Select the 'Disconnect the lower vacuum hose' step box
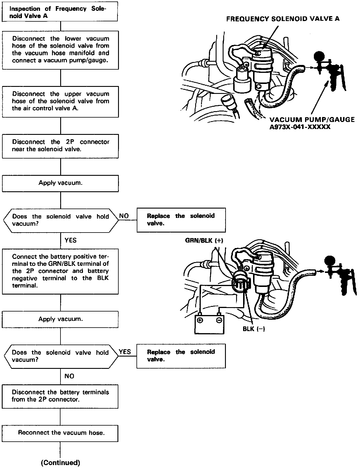point(60,50)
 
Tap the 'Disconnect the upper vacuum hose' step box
point(60,101)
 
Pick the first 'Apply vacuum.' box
point(60,183)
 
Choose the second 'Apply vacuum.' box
point(60,319)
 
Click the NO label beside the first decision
point(124,216)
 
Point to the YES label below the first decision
point(70,240)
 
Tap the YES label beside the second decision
point(125,352)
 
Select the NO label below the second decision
point(69,376)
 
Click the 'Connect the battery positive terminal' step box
point(60,271)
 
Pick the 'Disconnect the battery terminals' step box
point(60,396)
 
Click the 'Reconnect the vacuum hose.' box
point(60,433)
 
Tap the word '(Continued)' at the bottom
point(60,462)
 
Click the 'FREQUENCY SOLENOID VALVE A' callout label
point(283,19)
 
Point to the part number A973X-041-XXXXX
point(300,127)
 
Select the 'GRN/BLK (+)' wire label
point(204,240)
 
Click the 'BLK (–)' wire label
point(254,329)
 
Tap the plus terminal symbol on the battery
point(200,320)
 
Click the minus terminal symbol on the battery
point(219,320)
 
